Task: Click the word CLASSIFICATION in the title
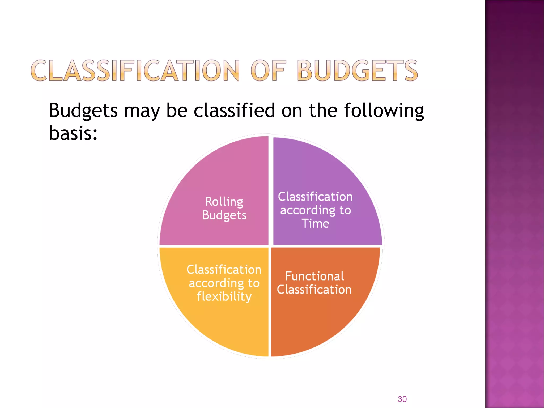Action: [x=135, y=70]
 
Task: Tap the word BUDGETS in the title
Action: [x=357, y=70]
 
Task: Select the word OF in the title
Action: [x=268, y=70]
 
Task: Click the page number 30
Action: [x=402, y=399]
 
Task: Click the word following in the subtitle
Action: [x=384, y=110]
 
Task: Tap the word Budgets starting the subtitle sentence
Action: [x=83, y=110]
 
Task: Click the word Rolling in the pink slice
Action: [x=224, y=202]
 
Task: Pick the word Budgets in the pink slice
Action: [x=224, y=215]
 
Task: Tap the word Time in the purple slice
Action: [x=315, y=223]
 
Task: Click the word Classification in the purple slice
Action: [x=315, y=197]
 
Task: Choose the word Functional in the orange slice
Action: [x=314, y=276]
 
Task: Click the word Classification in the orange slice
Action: [x=314, y=290]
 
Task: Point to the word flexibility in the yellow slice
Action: [x=224, y=296]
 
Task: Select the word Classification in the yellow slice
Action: [x=224, y=270]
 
